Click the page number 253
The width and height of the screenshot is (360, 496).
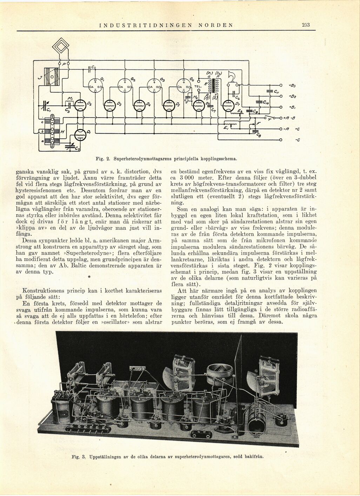click(x=306, y=25)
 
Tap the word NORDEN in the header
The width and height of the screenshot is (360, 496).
click(x=215, y=25)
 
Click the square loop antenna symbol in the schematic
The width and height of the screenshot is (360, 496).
click(x=61, y=47)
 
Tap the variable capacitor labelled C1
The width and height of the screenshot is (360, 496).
click(x=45, y=105)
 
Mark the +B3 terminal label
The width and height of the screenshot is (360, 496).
click(x=292, y=85)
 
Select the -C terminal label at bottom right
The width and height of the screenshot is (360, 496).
click(x=297, y=140)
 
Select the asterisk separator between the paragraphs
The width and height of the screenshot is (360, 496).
click(x=89, y=277)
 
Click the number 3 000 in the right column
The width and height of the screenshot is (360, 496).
click(x=191, y=178)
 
